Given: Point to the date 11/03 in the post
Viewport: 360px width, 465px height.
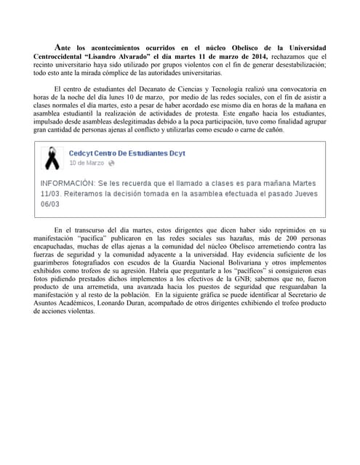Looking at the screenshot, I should pos(53,194).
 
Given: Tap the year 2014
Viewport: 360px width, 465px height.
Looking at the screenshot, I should pos(257,56).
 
